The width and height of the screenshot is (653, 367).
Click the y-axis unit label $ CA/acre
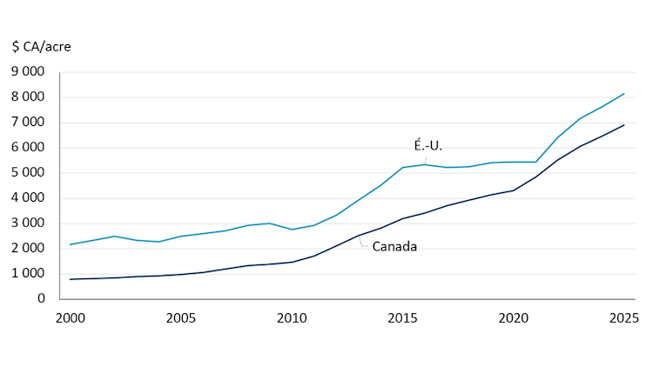point(42,46)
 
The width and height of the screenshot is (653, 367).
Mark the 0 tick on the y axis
point(41,299)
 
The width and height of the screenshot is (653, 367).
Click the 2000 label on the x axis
point(70,317)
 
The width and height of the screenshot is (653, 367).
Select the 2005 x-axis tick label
point(180,317)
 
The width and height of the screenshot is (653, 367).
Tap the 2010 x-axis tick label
point(292,317)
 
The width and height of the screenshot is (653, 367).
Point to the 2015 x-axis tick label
point(402,317)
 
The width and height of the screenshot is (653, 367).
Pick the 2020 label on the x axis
point(513,317)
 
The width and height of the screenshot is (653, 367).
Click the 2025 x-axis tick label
point(623,317)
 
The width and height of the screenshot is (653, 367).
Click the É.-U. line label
point(427,145)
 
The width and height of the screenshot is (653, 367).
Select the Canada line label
point(394,247)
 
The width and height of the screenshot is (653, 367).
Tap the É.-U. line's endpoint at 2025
point(623,94)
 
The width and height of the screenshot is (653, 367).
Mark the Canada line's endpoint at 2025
point(623,125)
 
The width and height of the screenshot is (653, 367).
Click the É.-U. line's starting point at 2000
point(70,244)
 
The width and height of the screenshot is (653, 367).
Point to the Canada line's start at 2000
point(70,279)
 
